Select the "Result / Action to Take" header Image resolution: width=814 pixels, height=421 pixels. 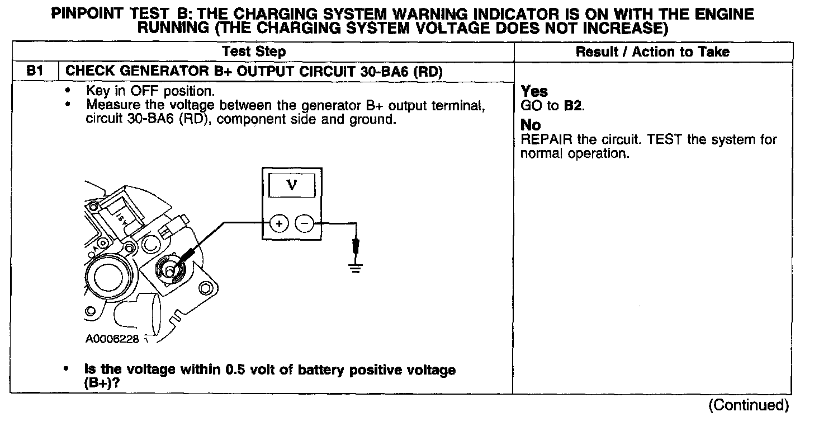coord(652,52)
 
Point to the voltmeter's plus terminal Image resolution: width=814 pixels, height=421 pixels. coord(278,224)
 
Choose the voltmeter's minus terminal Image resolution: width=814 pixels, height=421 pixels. coord(304,224)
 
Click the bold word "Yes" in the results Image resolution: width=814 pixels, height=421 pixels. coord(534,91)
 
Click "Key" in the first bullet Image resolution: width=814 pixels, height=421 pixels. coord(96,91)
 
